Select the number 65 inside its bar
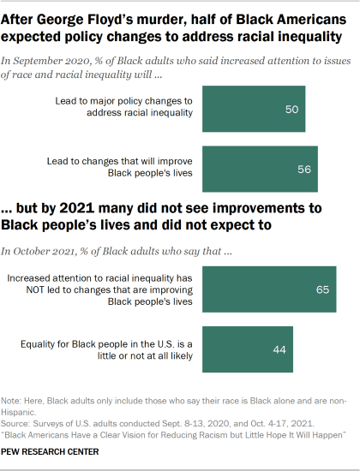(322, 289)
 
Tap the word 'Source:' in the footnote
(17, 423)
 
